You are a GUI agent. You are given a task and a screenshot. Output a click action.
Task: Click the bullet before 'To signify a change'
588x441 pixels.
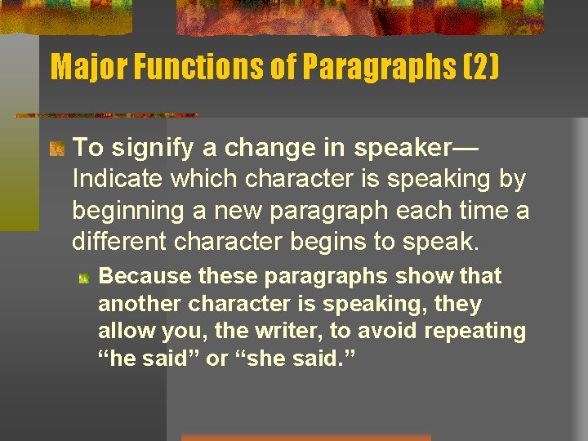pyautogui.click(x=56, y=149)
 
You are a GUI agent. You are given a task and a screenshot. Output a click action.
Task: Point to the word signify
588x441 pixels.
pyautogui.click(x=143, y=148)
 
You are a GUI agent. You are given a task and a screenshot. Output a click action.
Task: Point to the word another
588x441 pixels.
pyautogui.click(x=140, y=304)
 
